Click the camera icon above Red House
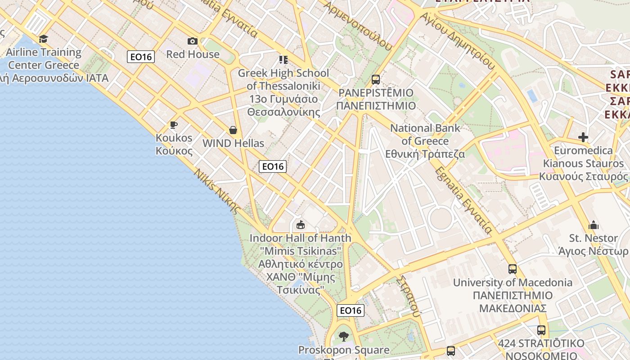193,41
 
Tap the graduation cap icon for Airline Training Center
43,39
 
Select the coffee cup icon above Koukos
174,125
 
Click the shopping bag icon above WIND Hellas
233,130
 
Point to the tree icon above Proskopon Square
344,336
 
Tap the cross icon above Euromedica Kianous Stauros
583,137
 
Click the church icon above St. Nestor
593,225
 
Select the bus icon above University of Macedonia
513,269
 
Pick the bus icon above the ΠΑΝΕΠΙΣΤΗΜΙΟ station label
376,80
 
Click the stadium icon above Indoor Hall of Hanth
300,225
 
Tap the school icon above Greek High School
283,59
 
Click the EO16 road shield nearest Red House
141,57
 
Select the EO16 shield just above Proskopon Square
351,310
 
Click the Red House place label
193,54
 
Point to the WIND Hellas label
233,144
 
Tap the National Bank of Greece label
425,141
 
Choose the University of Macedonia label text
513,283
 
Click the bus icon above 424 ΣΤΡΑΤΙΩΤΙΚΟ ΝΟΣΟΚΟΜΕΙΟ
541,330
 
